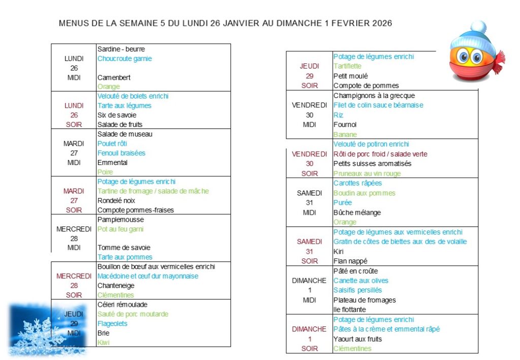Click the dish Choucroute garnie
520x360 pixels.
click(124, 58)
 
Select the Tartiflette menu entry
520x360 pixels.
click(347, 66)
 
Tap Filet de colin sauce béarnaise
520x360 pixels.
click(378, 105)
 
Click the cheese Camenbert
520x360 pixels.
click(114, 78)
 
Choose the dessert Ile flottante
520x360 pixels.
click(349, 310)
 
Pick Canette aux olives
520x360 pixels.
click(361, 281)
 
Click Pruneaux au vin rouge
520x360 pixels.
click(367, 174)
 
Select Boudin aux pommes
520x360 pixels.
click(364, 193)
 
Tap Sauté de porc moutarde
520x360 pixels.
click(133, 314)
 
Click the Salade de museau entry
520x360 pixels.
click(124, 134)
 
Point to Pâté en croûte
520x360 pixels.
click(355, 271)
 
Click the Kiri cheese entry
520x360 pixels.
click(338, 251)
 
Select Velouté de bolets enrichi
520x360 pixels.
click(133, 96)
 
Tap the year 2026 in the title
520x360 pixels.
click(381, 23)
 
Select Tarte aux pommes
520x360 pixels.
click(125, 257)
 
